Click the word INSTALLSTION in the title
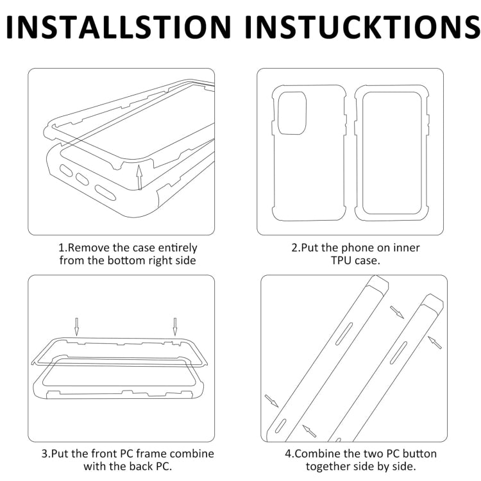point(118,27)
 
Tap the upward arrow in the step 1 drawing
point(139,177)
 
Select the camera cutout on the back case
point(292,113)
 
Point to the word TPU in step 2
point(341,260)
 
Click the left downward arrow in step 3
point(77,326)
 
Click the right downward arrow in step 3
point(175,326)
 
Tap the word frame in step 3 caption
point(151,453)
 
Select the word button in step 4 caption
point(419,453)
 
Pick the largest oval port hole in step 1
point(105,192)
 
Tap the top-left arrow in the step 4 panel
point(396,312)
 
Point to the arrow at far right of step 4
point(435,342)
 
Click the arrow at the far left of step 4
point(271,401)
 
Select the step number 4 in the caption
point(288,453)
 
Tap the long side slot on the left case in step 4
point(344,333)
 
